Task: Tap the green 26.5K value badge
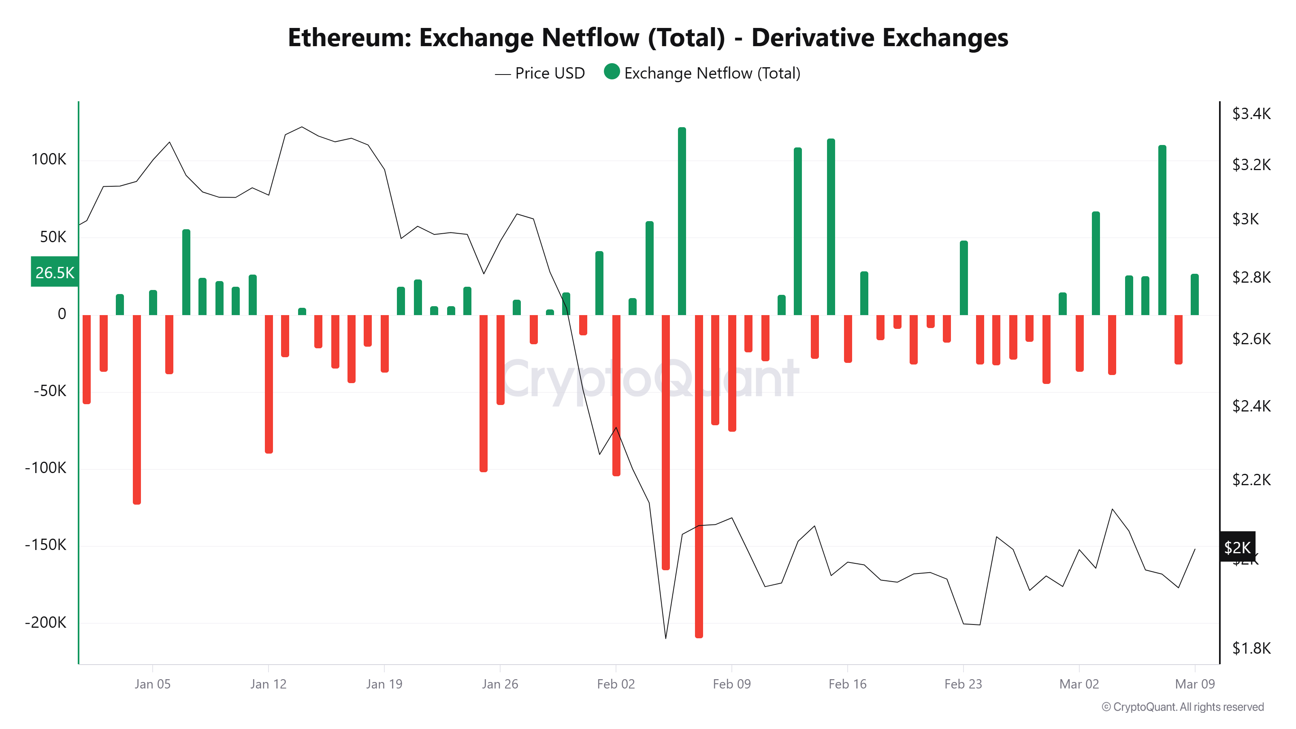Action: click(54, 272)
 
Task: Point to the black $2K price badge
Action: click(1238, 547)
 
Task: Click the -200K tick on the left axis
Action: click(46, 622)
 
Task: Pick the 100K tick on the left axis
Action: click(49, 160)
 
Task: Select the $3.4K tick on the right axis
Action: click(1251, 114)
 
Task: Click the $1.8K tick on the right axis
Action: click(1251, 648)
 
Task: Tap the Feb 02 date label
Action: click(616, 684)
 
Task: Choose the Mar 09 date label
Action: click(1194, 684)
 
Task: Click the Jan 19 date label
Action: click(384, 684)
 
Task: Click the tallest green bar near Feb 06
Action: click(682, 222)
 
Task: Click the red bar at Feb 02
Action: click(616, 395)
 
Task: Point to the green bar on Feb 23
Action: click(963, 278)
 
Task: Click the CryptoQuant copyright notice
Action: click(1182, 707)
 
